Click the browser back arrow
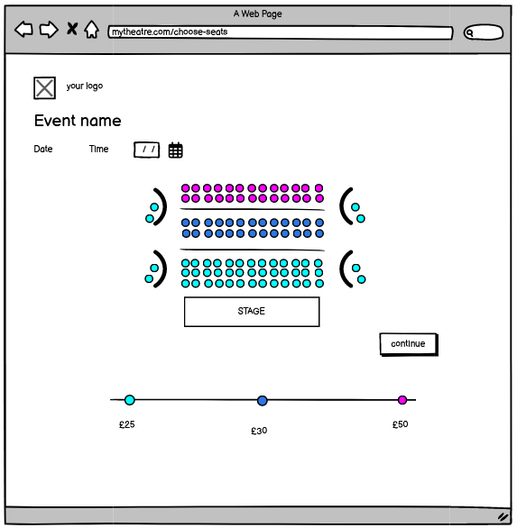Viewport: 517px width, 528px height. click(24, 30)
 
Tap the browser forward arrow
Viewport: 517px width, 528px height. click(49, 30)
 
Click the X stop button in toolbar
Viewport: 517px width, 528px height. click(72, 29)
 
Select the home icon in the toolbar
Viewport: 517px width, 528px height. click(91, 30)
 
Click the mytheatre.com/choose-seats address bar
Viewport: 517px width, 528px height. click(281, 32)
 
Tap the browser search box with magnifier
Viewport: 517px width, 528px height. click(484, 32)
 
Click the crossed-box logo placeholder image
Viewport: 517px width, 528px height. click(44, 88)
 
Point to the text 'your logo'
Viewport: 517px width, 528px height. click(85, 86)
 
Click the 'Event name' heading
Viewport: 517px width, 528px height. click(78, 121)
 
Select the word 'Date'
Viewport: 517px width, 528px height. click(43, 149)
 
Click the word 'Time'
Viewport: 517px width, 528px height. click(99, 149)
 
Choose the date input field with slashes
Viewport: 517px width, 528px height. click(147, 150)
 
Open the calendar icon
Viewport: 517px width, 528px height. click(175, 150)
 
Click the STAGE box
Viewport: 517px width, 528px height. click(252, 312)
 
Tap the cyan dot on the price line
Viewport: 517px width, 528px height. click(130, 400)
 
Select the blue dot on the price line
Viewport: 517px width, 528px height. click(262, 400)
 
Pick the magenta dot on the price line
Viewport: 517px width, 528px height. click(402, 400)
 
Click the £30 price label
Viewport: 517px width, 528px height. click(259, 431)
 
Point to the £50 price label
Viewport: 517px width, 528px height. click(401, 424)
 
